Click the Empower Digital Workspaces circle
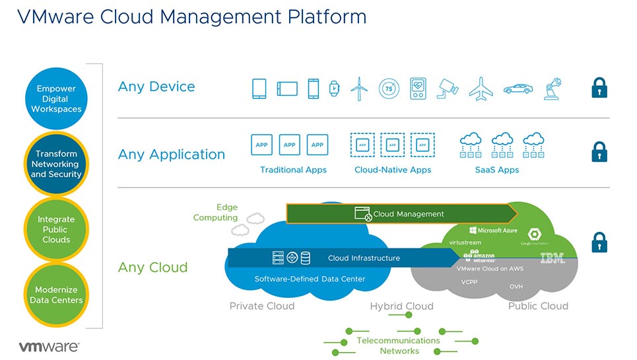tap(55, 98)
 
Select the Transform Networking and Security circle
tap(55, 164)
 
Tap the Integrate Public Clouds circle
tap(55, 229)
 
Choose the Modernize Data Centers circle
tap(55, 295)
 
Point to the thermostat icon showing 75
tap(389, 89)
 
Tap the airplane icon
tap(482, 89)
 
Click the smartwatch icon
tap(334, 89)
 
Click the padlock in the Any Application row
tap(599, 152)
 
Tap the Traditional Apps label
tap(293, 170)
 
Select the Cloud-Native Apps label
tap(392, 170)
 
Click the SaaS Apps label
tap(496, 170)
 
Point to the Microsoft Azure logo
tap(493, 231)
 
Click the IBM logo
tap(553, 258)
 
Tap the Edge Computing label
tap(215, 212)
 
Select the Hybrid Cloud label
tap(401, 306)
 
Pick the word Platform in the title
tap(326, 16)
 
